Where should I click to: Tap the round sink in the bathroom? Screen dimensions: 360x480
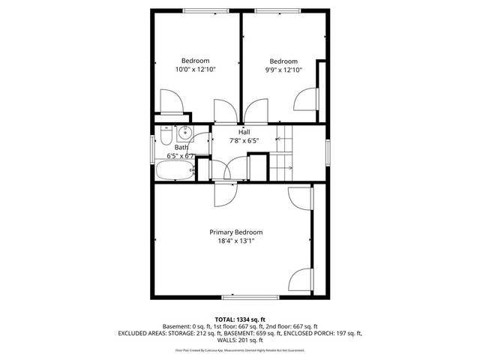coord(184,135)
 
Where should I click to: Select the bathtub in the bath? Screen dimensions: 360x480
coord(175,172)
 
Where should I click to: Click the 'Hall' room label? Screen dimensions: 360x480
coord(244,131)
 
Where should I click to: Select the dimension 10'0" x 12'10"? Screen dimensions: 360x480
coord(195,70)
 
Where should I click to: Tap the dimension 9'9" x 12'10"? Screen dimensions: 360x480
coord(283,70)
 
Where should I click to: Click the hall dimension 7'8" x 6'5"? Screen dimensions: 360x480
coord(244,140)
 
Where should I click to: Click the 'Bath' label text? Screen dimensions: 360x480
coord(181,148)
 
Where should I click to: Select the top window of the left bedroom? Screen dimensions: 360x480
coord(196,10)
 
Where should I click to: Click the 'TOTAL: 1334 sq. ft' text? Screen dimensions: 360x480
coord(240,319)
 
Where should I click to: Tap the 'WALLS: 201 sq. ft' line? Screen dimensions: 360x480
coord(240,340)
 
